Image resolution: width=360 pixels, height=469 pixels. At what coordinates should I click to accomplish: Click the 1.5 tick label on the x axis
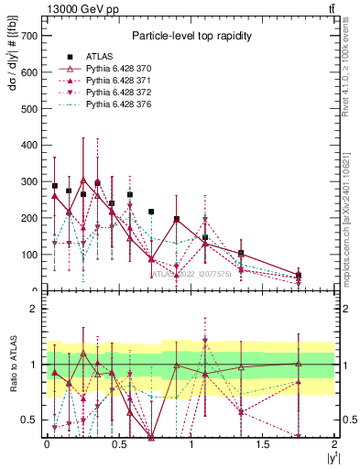coord(263,444)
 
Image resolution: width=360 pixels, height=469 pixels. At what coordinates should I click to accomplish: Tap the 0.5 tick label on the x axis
coord(118,444)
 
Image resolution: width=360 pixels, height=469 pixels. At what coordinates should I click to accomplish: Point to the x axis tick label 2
coord(335,444)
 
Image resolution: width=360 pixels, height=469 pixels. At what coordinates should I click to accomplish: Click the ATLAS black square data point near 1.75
coord(299,275)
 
